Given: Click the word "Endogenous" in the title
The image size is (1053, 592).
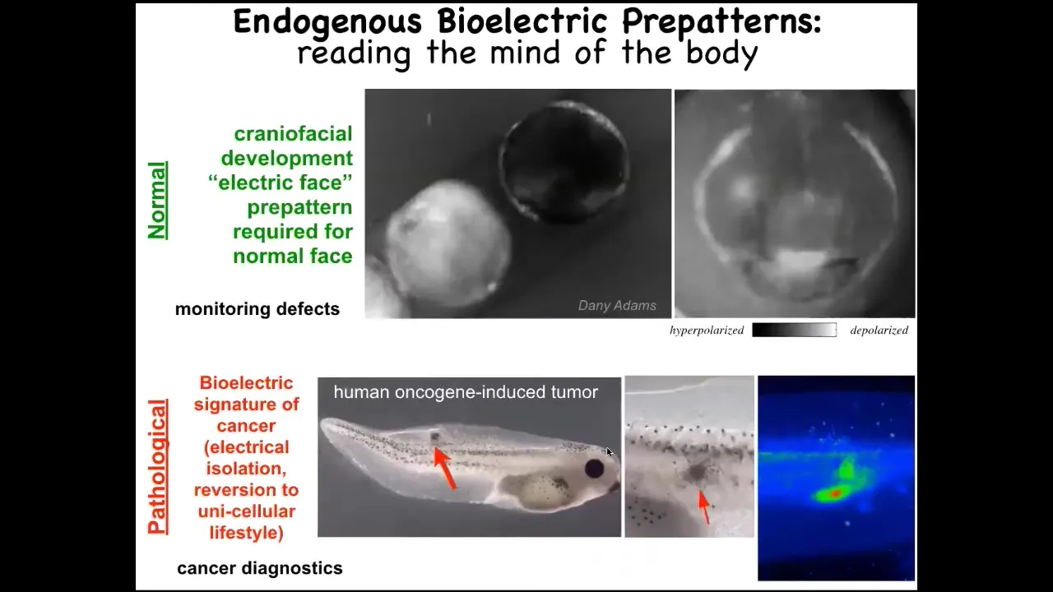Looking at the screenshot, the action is coord(327,22).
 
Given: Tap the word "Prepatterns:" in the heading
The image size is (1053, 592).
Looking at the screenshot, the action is coord(721,22).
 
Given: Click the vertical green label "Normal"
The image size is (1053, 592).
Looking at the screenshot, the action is coord(157,201).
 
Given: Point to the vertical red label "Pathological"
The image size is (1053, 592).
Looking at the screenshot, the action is coord(157,466).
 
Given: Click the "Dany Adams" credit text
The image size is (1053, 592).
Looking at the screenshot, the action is coord(617,305).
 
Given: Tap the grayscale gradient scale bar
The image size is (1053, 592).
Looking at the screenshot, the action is coord(794,330).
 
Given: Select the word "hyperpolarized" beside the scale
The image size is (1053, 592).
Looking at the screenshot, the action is coord(707,331).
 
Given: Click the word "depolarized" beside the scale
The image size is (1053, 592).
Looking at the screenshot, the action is coord(879,331).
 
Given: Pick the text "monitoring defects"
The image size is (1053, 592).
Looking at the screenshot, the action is coord(257,309).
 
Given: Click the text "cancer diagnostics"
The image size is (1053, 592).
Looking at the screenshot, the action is coord(259,568).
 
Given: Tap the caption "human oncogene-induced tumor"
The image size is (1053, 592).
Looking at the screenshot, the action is coord(466,392).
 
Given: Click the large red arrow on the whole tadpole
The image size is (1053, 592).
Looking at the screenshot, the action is coord(444,469).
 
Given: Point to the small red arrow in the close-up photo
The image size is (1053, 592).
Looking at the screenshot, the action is coord(703,507).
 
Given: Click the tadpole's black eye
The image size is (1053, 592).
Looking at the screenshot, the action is coord(594,469).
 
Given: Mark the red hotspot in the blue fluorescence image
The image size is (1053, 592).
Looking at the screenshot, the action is coord(835,493).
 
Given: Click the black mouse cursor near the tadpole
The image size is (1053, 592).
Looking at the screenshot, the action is coord(610,452).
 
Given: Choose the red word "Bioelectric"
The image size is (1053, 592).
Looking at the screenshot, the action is coord(246,383).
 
